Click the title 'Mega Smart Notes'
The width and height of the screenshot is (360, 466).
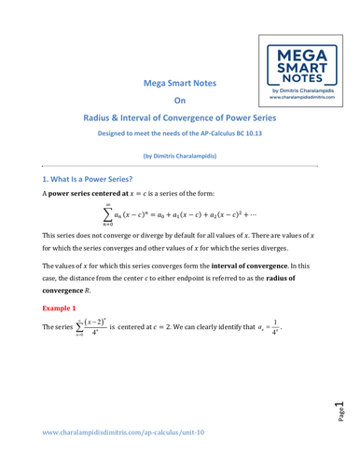coord(180,82)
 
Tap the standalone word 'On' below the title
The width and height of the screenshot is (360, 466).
coord(180,101)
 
